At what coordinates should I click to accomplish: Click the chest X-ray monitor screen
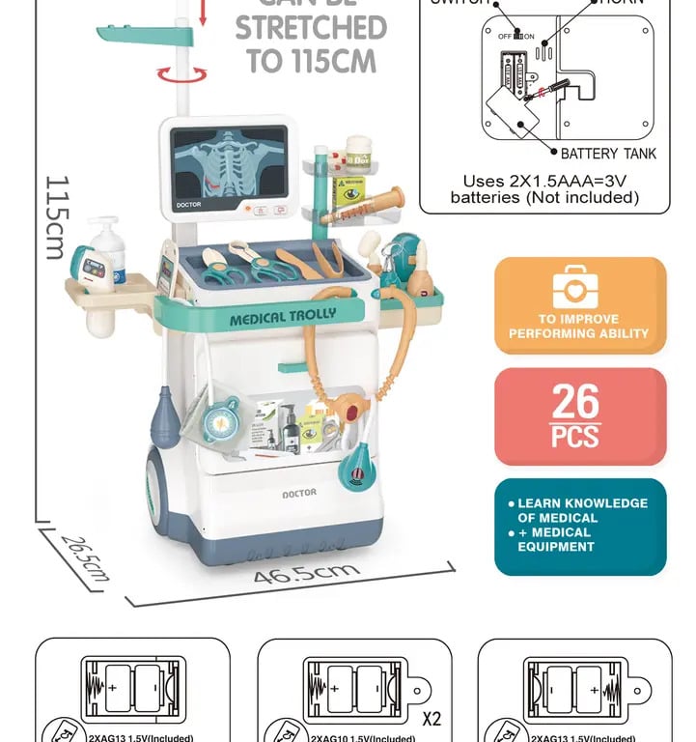230,164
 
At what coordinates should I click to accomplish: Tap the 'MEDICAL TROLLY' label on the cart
283,317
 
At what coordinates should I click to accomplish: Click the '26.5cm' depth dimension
83,557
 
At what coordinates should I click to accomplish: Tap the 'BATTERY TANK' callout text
609,153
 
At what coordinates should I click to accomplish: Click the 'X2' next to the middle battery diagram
432,719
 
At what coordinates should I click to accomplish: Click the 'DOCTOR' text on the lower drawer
298,494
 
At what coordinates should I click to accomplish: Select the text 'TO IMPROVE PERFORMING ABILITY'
579,327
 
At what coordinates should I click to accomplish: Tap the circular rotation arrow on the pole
182,73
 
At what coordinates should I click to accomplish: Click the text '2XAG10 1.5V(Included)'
362,738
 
